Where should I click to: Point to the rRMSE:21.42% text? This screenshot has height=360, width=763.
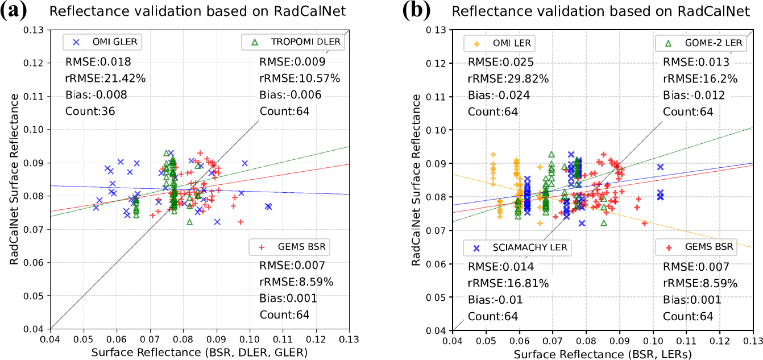coord(105,78)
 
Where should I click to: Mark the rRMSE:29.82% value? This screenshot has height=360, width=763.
coord(508,79)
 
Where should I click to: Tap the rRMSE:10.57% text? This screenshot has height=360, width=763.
coord(300,78)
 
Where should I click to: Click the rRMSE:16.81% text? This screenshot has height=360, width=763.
coord(508,283)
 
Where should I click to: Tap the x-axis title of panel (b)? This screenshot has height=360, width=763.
coord(603,353)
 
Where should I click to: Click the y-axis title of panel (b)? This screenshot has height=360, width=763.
coord(416,179)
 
